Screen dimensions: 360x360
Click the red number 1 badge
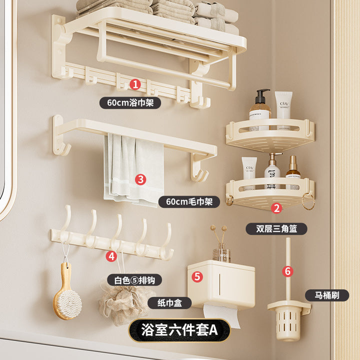pyautogui.click(x=135, y=84)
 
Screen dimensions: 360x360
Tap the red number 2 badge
pyautogui.click(x=276, y=208)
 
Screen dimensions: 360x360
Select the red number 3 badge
pyautogui.click(x=140, y=179)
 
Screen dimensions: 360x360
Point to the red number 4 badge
pyautogui.click(x=111, y=256)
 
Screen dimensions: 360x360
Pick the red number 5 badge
pyautogui.click(x=197, y=276)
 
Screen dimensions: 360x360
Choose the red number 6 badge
pyautogui.click(x=287, y=271)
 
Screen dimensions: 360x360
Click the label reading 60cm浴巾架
pyautogui.click(x=130, y=102)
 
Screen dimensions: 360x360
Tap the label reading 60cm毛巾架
pyautogui.click(x=189, y=202)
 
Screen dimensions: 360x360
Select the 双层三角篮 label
pyautogui.click(x=276, y=228)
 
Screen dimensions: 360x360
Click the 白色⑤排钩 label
pyautogui.click(x=135, y=280)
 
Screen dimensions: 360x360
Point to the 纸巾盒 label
pyautogui.click(x=169, y=303)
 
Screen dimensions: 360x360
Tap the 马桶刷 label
pyautogui.click(x=327, y=295)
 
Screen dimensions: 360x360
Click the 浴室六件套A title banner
pyautogui.click(x=179, y=330)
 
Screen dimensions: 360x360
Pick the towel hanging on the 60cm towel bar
pyautogui.click(x=134, y=170)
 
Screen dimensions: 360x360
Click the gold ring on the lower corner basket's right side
pyautogui.click(x=308, y=201)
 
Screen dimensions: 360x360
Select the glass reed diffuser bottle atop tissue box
pyautogui.click(x=221, y=252)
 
